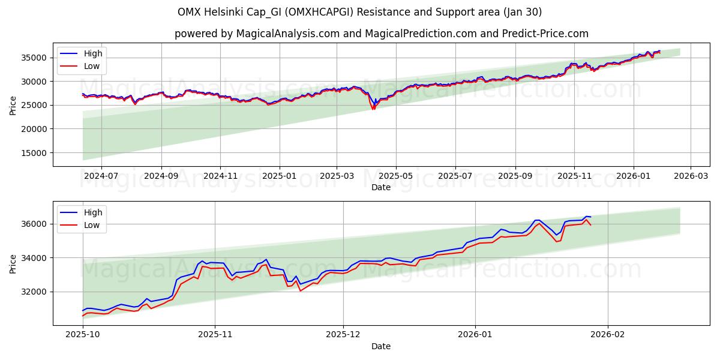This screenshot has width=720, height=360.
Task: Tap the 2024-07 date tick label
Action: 101,176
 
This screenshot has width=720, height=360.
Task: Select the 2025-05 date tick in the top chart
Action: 395,176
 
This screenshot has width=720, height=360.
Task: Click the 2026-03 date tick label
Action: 690,176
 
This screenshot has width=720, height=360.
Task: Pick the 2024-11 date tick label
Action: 220,176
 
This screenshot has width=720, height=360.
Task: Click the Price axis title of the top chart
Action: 13,105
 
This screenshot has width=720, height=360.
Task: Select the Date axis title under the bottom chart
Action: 381,346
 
